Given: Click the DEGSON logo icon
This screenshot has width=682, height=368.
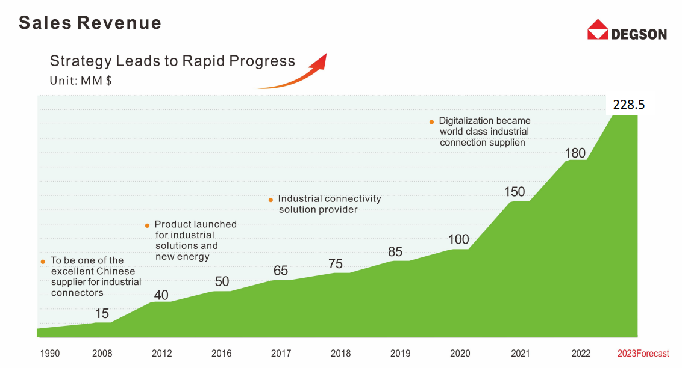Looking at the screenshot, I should [x=598, y=29].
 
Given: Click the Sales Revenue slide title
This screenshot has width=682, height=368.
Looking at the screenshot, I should [x=90, y=23].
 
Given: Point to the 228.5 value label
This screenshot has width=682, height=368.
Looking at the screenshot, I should [x=628, y=105].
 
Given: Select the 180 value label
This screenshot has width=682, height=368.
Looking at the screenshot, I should [x=575, y=153].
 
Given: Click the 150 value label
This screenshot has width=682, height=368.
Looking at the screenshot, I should [x=515, y=192].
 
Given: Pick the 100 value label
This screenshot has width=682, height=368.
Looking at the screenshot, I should [x=458, y=239].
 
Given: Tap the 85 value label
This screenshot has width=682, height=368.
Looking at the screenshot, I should [x=395, y=251].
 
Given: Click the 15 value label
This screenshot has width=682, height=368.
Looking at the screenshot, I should [x=102, y=313].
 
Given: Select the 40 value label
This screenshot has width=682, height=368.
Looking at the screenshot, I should [x=161, y=295].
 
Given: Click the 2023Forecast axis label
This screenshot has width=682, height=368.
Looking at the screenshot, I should [x=643, y=354].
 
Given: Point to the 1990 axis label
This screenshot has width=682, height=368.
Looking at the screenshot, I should [x=50, y=354].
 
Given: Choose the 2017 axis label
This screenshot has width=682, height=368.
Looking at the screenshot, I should [x=281, y=354].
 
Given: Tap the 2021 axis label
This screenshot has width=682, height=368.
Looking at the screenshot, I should [x=520, y=354].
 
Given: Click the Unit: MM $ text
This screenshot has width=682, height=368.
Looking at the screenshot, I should [x=80, y=80].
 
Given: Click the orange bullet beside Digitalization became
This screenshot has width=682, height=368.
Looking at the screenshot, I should [x=431, y=122].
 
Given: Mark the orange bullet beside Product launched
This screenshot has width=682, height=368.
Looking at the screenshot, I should [x=147, y=225].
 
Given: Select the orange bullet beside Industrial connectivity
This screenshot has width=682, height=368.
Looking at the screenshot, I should [x=271, y=200].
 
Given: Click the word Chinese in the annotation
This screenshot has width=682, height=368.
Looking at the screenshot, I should [x=116, y=271].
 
